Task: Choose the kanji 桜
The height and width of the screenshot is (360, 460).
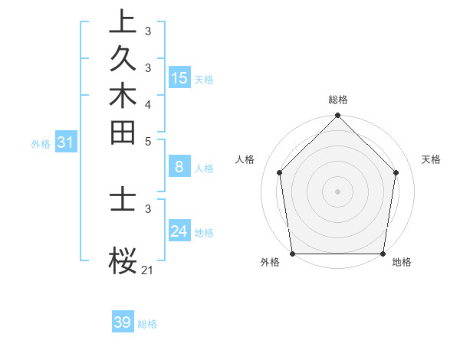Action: (x=123, y=261)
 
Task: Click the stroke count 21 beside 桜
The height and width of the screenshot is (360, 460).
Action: (x=148, y=270)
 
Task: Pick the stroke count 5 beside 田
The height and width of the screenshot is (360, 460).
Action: (x=148, y=141)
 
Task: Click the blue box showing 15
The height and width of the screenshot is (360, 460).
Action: (x=179, y=77)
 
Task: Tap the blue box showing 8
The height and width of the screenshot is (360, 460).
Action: (x=179, y=167)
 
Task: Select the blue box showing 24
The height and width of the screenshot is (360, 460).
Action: (x=179, y=231)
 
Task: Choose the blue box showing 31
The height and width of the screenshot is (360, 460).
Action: (x=65, y=142)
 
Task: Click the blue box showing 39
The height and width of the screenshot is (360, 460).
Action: (x=123, y=322)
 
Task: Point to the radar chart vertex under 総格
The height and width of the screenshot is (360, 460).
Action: (x=338, y=116)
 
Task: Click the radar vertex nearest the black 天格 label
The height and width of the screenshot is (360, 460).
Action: (x=396, y=172)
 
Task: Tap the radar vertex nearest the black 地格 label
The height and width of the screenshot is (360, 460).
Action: (x=383, y=254)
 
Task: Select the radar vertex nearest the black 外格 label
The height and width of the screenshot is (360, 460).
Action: (x=293, y=254)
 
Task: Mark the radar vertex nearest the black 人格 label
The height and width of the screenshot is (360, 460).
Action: (x=279, y=172)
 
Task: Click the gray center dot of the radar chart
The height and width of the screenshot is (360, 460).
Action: (x=338, y=190)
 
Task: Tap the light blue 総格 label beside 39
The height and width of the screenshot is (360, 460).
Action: (x=147, y=324)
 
